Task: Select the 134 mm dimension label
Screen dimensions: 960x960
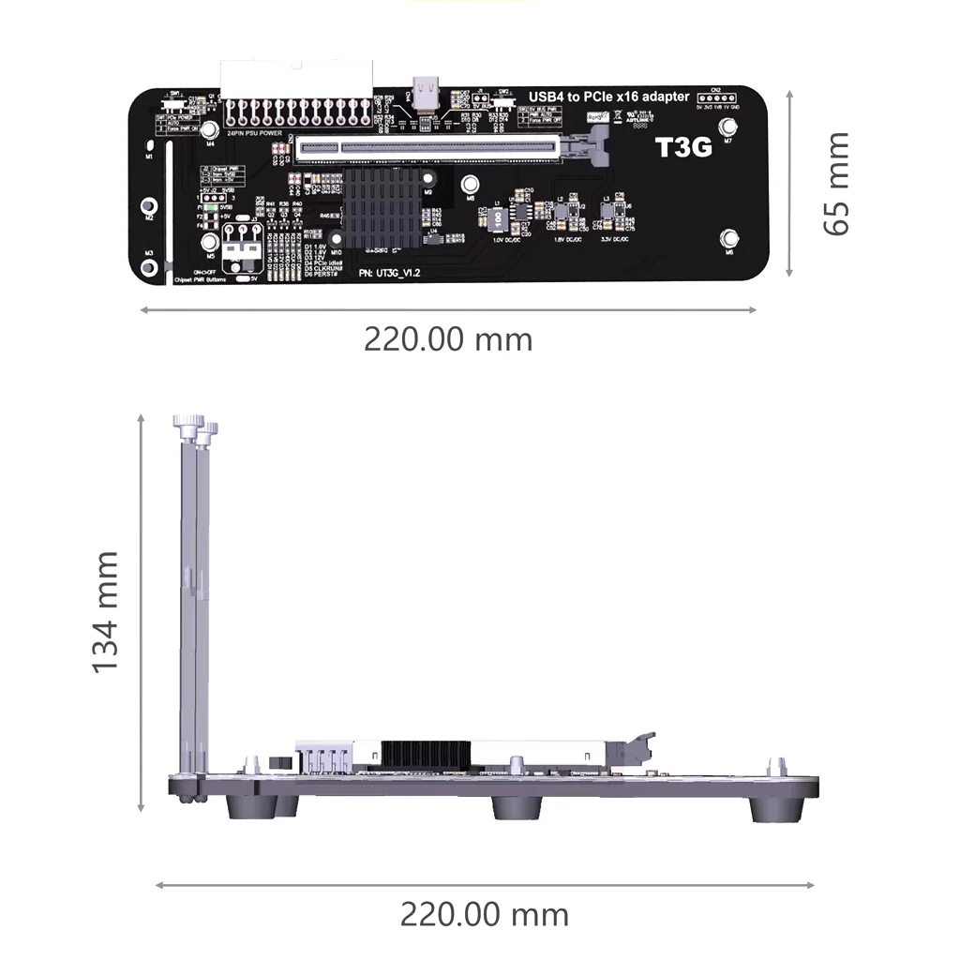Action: (x=105, y=611)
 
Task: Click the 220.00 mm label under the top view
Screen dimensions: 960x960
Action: (x=448, y=338)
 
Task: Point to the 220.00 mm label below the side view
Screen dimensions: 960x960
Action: (x=484, y=913)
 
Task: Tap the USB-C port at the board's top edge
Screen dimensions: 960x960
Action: (x=427, y=96)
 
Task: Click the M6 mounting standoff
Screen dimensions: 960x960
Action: (x=729, y=238)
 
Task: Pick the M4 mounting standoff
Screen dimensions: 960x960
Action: (x=209, y=129)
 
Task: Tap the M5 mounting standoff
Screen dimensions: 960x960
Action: (x=209, y=241)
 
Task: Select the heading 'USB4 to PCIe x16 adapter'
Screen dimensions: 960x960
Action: (x=609, y=97)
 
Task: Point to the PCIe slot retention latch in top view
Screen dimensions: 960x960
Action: (x=595, y=145)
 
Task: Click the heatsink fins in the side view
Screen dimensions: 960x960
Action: (x=425, y=751)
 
